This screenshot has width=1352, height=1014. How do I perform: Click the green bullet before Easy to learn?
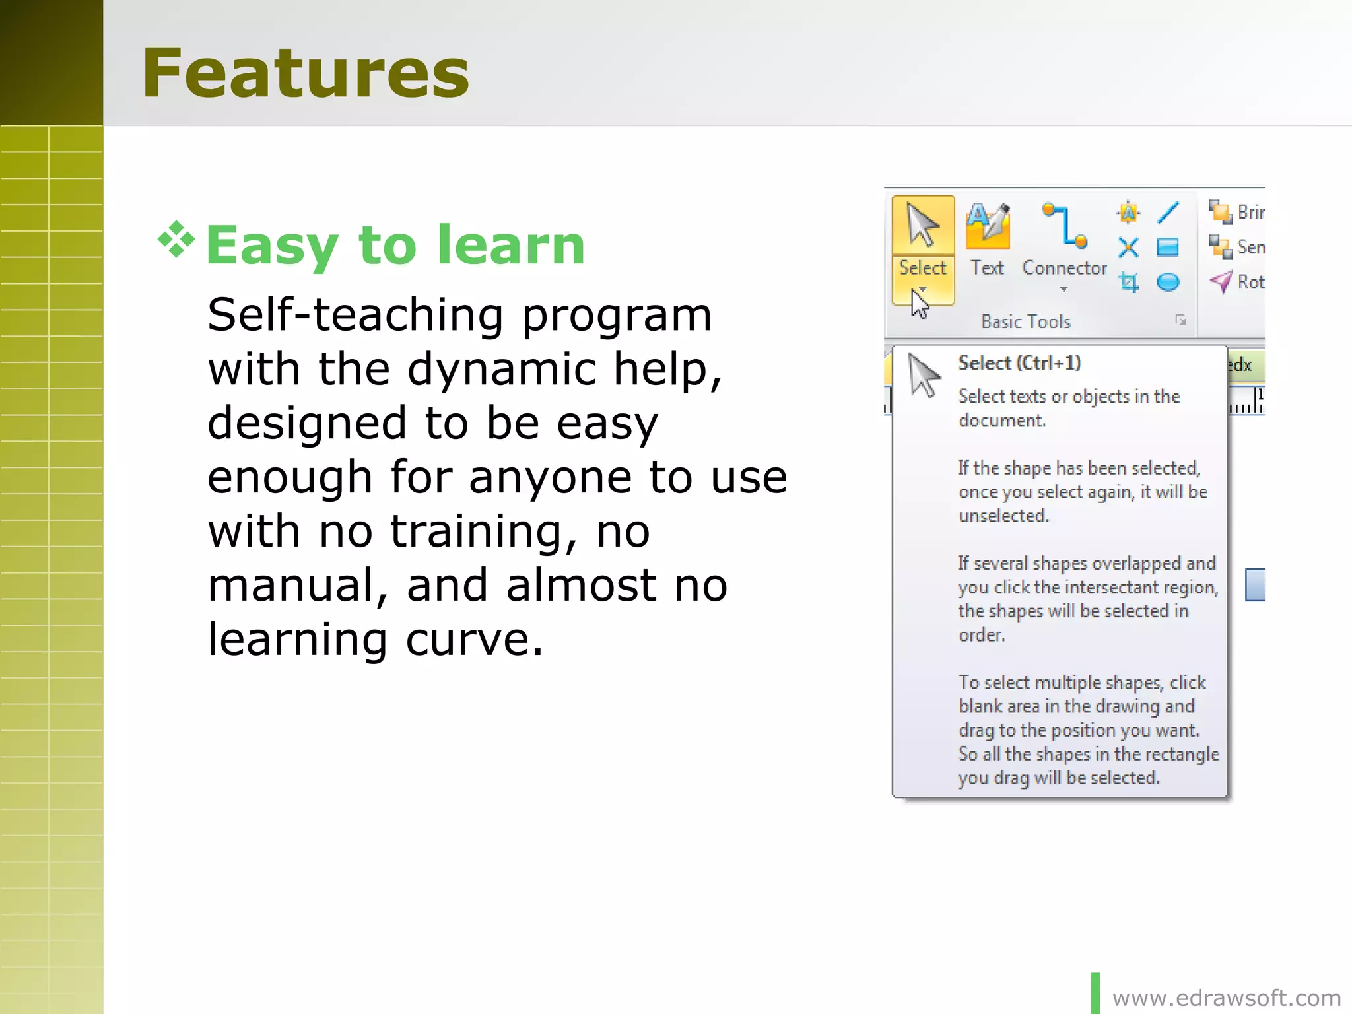pyautogui.click(x=176, y=240)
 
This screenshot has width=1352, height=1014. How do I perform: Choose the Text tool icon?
pyautogui.click(x=987, y=226)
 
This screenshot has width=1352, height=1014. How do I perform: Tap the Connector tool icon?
pyautogui.click(x=1064, y=226)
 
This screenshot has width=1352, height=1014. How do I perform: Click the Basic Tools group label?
pyautogui.click(x=1025, y=321)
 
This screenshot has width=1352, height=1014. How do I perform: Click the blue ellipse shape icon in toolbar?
pyautogui.click(x=1168, y=283)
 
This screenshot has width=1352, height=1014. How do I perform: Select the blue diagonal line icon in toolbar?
pyautogui.click(x=1168, y=213)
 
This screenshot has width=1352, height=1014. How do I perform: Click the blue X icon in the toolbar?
pyautogui.click(x=1128, y=248)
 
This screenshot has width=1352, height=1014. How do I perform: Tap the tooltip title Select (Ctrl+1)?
pyautogui.click(x=1019, y=363)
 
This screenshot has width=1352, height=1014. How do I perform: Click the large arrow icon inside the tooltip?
pyautogui.click(x=924, y=375)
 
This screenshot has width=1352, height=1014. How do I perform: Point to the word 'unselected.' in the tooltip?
pyautogui.click(x=1003, y=516)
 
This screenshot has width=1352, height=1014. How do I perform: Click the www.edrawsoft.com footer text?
pyautogui.click(x=1226, y=997)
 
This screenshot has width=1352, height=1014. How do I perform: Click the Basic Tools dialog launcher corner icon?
pyautogui.click(x=1180, y=321)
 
